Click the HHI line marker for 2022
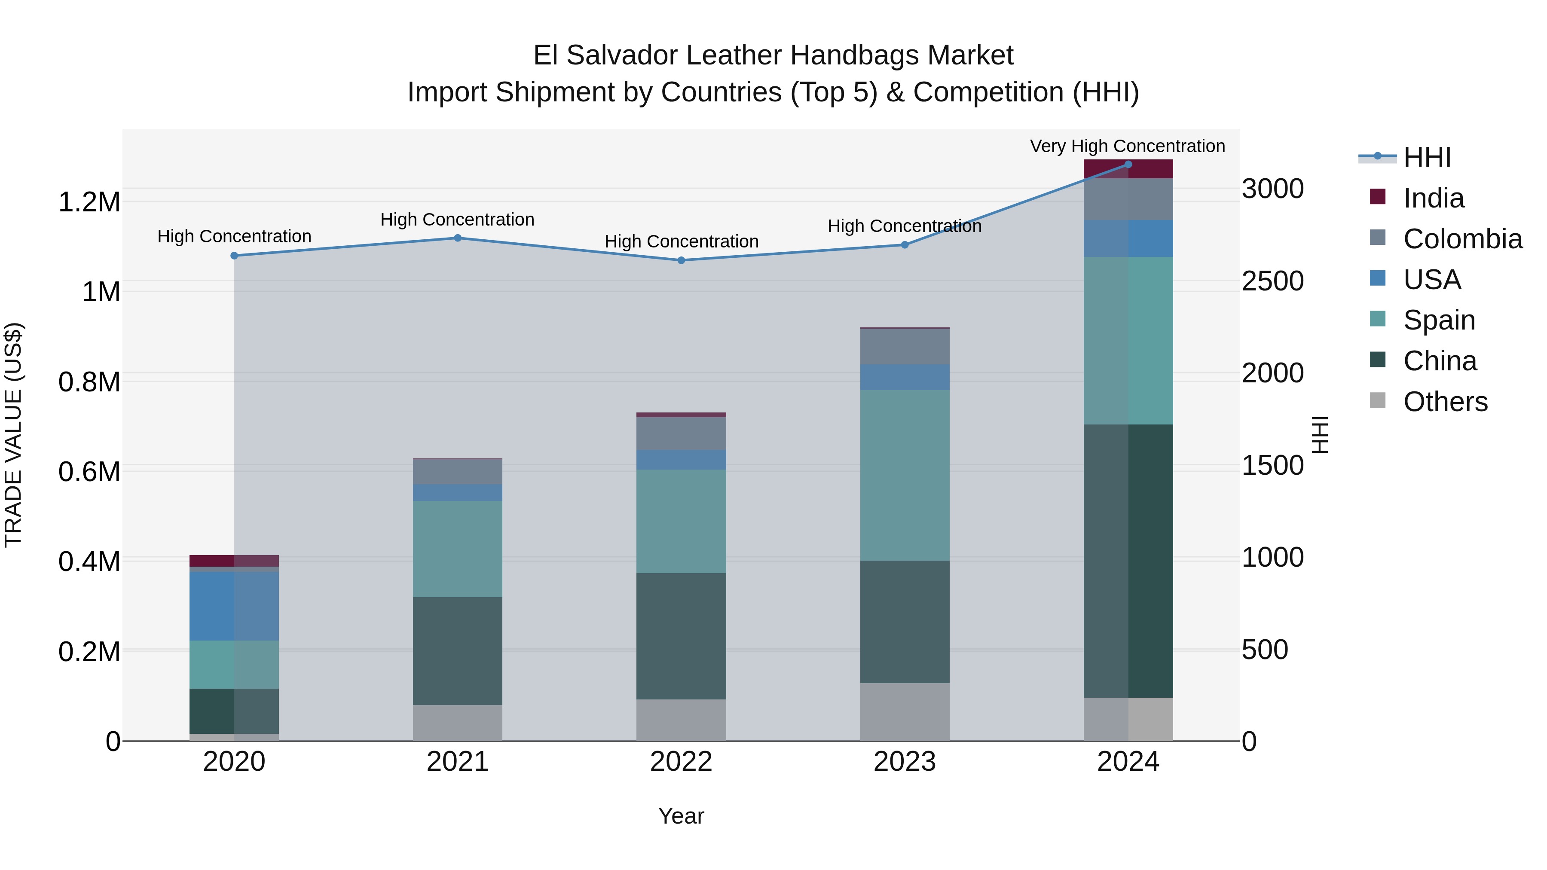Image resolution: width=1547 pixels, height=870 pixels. click(681, 260)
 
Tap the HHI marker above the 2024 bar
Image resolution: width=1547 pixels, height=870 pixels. click(1128, 165)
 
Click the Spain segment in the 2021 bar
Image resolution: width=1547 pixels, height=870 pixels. click(458, 549)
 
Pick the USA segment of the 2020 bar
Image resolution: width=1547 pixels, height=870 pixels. click(234, 606)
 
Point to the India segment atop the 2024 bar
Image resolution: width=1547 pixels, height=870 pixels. click(1128, 170)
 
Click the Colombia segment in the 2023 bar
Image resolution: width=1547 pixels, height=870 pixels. click(905, 346)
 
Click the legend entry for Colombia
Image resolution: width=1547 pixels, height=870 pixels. click(1462, 238)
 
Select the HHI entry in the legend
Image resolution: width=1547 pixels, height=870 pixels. click(1426, 157)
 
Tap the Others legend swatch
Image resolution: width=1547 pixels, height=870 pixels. click(1378, 400)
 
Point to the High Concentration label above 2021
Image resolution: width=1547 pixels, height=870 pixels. click(457, 219)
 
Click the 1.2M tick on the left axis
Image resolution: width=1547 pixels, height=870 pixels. click(89, 202)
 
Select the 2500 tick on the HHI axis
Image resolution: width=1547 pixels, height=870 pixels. click(1272, 281)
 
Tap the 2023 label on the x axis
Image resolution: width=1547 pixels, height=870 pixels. click(905, 761)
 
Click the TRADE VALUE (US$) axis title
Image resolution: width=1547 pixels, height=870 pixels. click(13, 435)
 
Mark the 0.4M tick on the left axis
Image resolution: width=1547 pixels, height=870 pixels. click(89, 562)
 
